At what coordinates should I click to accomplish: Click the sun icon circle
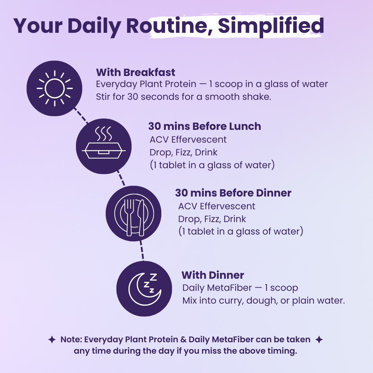pyautogui.click(x=54, y=88)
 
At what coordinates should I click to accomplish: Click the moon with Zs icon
pyautogui.click(x=144, y=289)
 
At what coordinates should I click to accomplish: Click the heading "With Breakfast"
pyautogui.click(x=135, y=73)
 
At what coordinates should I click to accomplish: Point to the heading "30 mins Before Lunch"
pyautogui.click(x=204, y=126)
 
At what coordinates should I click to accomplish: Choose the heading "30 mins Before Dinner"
pyautogui.click(x=233, y=193)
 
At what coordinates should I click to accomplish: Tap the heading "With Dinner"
pyautogui.click(x=213, y=275)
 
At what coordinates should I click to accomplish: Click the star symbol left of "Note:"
pyautogui.click(x=52, y=340)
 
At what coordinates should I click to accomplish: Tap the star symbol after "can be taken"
pyautogui.click(x=319, y=340)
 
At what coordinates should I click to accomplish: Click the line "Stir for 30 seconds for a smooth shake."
pyautogui.click(x=183, y=97)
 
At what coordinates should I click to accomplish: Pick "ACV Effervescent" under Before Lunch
pyautogui.click(x=188, y=140)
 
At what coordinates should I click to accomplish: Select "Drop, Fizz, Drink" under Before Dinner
pyautogui.click(x=212, y=219)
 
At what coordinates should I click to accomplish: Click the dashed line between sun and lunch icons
pyautogui.click(x=80, y=115)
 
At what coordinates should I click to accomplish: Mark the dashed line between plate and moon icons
pyautogui.click(x=142, y=249)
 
